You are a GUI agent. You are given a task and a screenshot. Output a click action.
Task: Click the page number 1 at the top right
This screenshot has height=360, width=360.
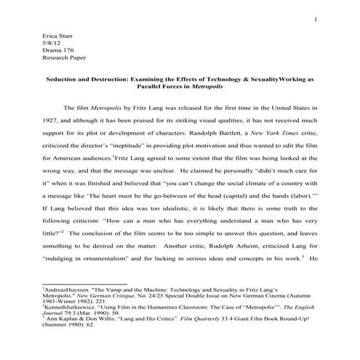(315, 19)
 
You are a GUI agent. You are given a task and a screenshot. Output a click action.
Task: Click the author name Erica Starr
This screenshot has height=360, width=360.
(59, 35)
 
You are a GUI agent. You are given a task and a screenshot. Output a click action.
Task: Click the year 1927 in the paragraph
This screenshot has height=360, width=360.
(52, 121)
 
